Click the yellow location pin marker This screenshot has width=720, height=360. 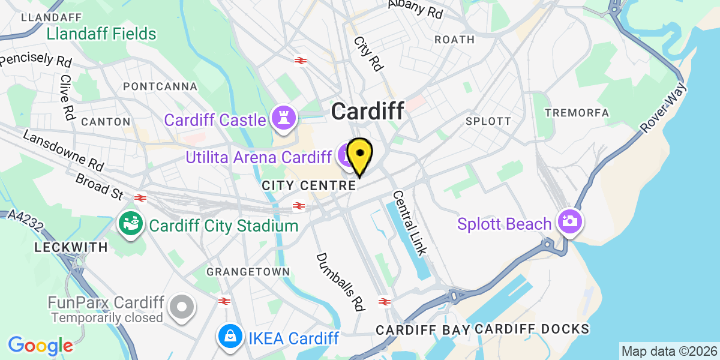tap(359, 155)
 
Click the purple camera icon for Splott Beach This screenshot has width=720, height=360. tap(568, 221)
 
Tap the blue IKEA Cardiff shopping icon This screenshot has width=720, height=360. tap(230, 337)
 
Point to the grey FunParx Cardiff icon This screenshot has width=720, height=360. tap(181, 307)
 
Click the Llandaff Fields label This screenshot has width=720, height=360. tap(101, 34)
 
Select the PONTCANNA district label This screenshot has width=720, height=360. tap(160, 86)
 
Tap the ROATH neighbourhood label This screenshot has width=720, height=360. tap(454, 40)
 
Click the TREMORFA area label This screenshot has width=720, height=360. tap(577, 113)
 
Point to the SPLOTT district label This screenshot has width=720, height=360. tap(488, 121)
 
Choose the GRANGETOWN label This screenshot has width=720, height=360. tap(248, 272)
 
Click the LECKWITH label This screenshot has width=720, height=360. tap(71, 247)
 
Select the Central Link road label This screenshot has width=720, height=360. tap(410, 223)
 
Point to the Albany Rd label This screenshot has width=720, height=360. tap(415, 8)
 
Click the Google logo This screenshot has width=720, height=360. tap(40, 346)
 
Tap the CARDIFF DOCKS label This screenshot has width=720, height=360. tap(532, 329)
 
